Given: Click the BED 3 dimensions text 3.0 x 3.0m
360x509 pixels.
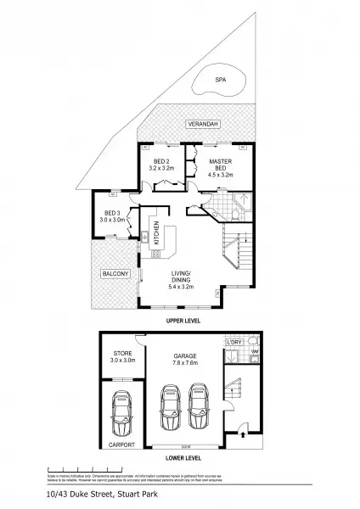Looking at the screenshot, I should pos(112,220).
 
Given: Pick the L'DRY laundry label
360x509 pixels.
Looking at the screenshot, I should pos(233,343).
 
